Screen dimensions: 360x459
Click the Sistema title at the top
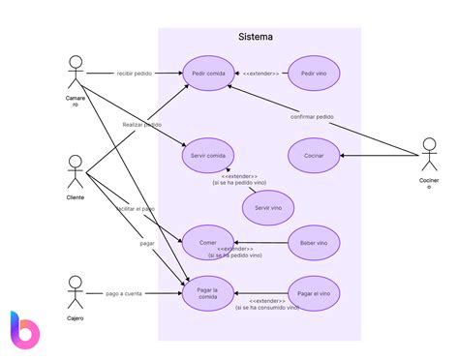click(x=256, y=37)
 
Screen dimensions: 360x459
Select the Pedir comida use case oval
click(x=209, y=74)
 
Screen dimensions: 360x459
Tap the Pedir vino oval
click(x=314, y=74)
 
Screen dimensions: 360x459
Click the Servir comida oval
click(x=209, y=155)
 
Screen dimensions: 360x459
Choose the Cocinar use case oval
click(x=314, y=155)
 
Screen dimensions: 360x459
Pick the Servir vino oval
click(x=268, y=208)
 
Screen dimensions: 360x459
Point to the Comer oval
click(x=209, y=243)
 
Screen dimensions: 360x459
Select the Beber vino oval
click(x=314, y=243)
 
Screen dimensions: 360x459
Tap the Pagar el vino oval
click(x=314, y=292)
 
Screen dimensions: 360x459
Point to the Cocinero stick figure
click(x=429, y=158)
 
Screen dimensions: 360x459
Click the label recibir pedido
click(x=133, y=73)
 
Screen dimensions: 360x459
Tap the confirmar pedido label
click(x=312, y=116)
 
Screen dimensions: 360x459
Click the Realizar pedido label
click(x=142, y=125)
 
